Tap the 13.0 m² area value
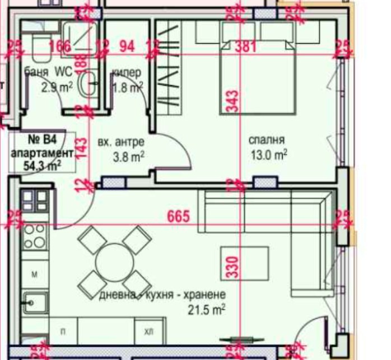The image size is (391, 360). coord(269,154)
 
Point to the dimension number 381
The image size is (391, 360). coord(245,46)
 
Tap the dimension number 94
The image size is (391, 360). coord(127,46)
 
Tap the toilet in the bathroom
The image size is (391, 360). coord(40,49)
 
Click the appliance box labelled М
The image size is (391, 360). coord(34,275)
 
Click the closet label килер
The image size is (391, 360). coord(126,73)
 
